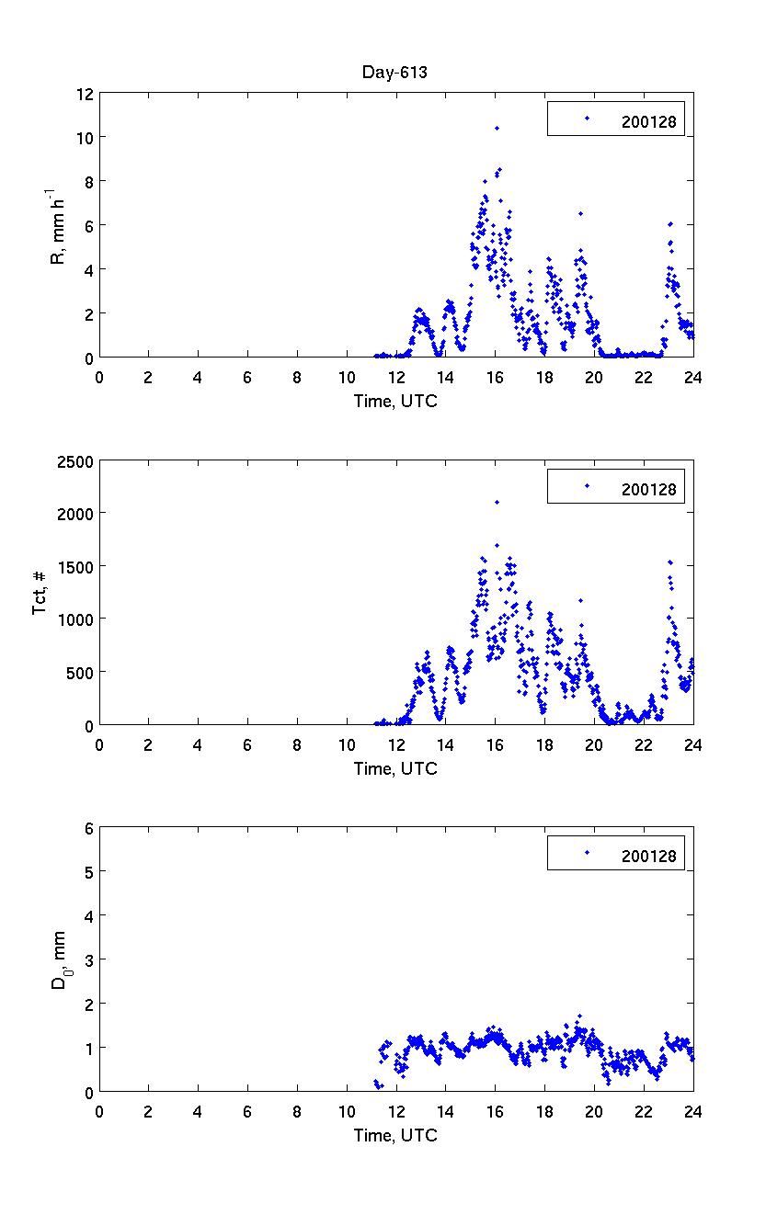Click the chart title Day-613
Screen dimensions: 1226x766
[x=395, y=74]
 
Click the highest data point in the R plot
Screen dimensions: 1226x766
[x=497, y=128]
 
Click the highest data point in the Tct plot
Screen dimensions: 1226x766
[x=497, y=502]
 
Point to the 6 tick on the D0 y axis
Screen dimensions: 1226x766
[x=89, y=827]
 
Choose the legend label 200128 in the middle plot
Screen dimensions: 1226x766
[x=648, y=489]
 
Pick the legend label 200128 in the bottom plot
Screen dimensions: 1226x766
[x=648, y=857]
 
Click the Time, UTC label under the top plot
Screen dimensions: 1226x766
[x=395, y=401]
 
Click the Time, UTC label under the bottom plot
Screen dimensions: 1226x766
[x=395, y=1135]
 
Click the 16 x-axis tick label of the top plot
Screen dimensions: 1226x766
[x=495, y=377]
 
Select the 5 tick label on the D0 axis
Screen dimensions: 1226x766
[x=89, y=871]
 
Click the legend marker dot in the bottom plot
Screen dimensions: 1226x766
[x=587, y=853]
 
